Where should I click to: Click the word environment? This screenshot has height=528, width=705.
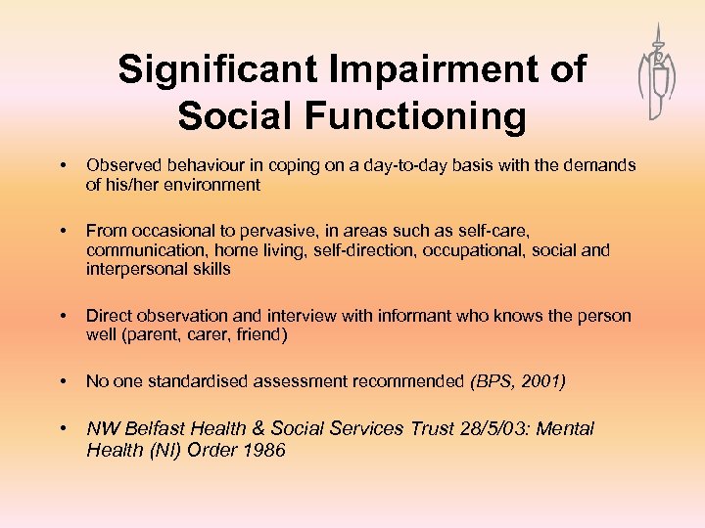(214, 185)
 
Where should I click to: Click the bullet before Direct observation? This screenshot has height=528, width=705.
(62, 316)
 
